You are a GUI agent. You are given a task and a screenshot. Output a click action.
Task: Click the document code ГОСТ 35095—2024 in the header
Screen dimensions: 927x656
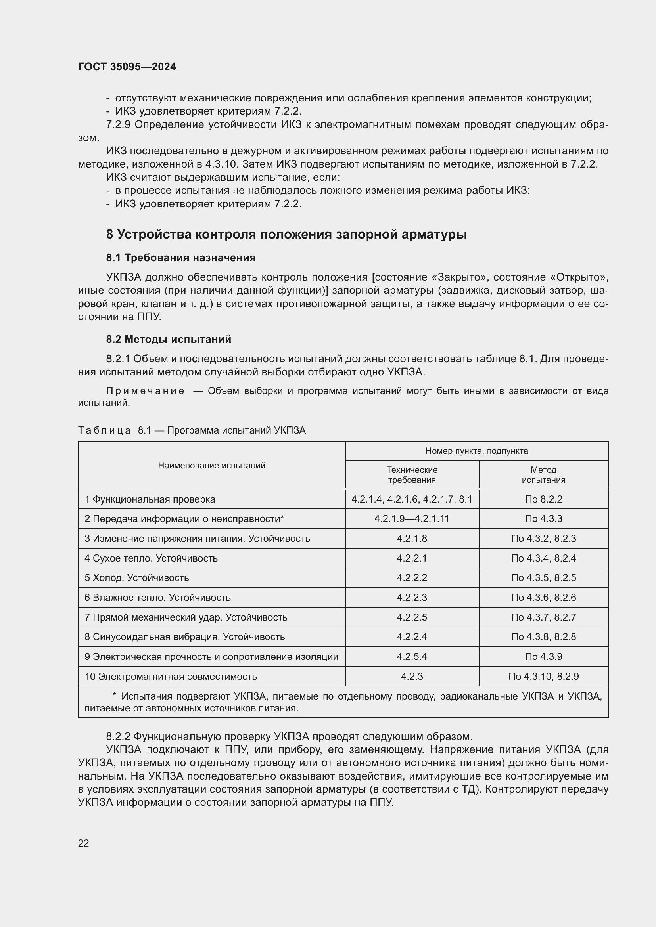click(127, 67)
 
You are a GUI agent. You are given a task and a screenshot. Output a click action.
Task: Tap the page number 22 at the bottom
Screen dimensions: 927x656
click(84, 843)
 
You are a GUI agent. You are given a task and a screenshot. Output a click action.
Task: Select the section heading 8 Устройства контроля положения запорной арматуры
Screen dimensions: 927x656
click(286, 234)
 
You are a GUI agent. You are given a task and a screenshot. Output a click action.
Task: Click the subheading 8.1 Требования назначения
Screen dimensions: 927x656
click(180, 258)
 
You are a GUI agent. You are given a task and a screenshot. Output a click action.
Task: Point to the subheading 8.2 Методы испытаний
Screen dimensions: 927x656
click(169, 339)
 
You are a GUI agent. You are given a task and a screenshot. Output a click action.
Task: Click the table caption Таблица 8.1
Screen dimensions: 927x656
click(192, 430)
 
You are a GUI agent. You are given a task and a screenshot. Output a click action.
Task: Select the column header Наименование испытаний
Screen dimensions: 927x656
click(212, 466)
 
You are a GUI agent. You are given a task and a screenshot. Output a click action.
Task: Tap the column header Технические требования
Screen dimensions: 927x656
click(412, 475)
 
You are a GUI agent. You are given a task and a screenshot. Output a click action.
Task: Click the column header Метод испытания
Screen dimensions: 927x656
click(543, 475)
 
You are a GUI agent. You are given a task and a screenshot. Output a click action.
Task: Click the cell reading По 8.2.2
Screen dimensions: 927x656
click(543, 499)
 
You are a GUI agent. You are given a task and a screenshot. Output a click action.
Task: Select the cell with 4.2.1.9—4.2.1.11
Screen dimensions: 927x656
click(412, 519)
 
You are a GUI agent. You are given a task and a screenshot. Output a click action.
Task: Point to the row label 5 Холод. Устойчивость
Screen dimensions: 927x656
click(136, 578)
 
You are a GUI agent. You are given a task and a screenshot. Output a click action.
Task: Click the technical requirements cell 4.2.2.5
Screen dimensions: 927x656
click(412, 617)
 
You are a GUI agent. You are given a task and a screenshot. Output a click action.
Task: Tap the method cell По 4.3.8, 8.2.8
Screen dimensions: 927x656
click(543, 637)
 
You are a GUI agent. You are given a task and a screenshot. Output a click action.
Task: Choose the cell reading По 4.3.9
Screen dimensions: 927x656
click(543, 656)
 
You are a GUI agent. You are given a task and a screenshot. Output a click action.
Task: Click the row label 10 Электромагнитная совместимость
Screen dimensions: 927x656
click(171, 676)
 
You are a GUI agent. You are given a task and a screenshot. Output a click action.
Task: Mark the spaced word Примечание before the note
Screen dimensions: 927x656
click(145, 391)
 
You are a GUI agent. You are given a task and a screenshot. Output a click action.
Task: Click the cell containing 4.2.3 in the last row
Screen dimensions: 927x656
click(412, 676)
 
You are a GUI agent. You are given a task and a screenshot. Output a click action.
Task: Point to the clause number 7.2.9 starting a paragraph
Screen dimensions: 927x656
click(118, 125)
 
